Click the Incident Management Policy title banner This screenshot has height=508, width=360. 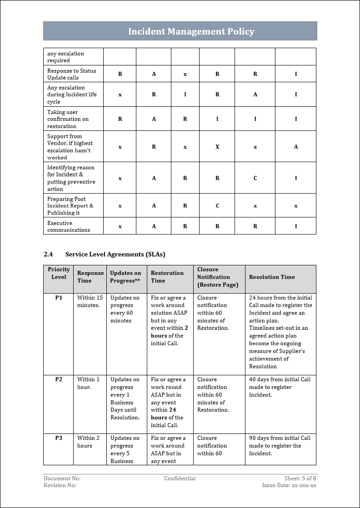tap(191, 31)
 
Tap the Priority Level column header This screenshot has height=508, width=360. tap(59, 273)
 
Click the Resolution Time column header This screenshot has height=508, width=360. tap(272, 277)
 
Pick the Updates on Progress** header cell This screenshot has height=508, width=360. tap(125, 277)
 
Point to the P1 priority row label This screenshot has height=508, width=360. tap(59, 298)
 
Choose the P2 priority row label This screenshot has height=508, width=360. tap(59, 379)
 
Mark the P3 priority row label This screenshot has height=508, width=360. tap(59, 438)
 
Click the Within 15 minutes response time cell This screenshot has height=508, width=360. tap(90, 301)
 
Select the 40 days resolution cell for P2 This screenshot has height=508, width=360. tap(280, 387)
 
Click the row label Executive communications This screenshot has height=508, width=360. tap(69, 226)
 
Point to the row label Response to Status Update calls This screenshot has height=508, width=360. tap(71, 74)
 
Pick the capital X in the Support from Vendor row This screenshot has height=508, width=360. tap(217, 147)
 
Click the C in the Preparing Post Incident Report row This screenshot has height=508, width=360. tap(217, 206)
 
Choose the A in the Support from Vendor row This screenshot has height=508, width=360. tap(296, 147)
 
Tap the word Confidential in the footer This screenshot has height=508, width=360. tap(180, 478)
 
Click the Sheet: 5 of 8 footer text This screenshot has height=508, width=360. tap(300, 478)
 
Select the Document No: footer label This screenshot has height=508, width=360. tap(62, 478)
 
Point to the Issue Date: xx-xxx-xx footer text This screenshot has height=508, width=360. tap(289, 485)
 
